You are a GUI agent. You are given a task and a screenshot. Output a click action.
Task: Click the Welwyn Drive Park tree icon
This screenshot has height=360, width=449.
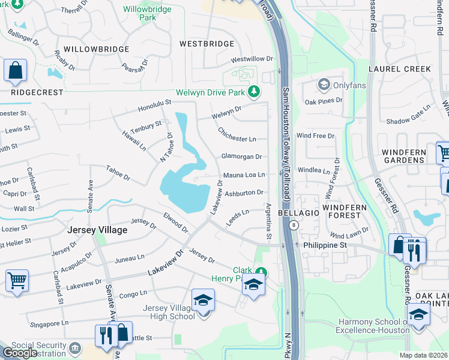point(255,92)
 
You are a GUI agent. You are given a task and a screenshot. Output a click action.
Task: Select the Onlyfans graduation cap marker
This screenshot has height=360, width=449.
point(324,85)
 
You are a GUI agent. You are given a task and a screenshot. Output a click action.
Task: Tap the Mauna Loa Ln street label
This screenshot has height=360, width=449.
point(244,175)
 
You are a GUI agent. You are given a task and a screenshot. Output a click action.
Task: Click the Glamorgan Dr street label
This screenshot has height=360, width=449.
point(242,157)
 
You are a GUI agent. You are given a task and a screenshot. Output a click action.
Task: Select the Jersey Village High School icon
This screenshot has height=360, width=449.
point(203,299)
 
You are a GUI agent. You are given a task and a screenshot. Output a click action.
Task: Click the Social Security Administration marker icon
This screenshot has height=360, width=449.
point(74,347)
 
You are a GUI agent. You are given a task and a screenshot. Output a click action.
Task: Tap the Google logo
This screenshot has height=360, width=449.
point(20,353)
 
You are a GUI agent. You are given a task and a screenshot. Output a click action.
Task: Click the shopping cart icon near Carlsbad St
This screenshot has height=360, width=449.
point(17,280)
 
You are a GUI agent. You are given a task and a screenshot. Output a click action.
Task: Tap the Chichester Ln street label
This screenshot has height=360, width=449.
point(237,134)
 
